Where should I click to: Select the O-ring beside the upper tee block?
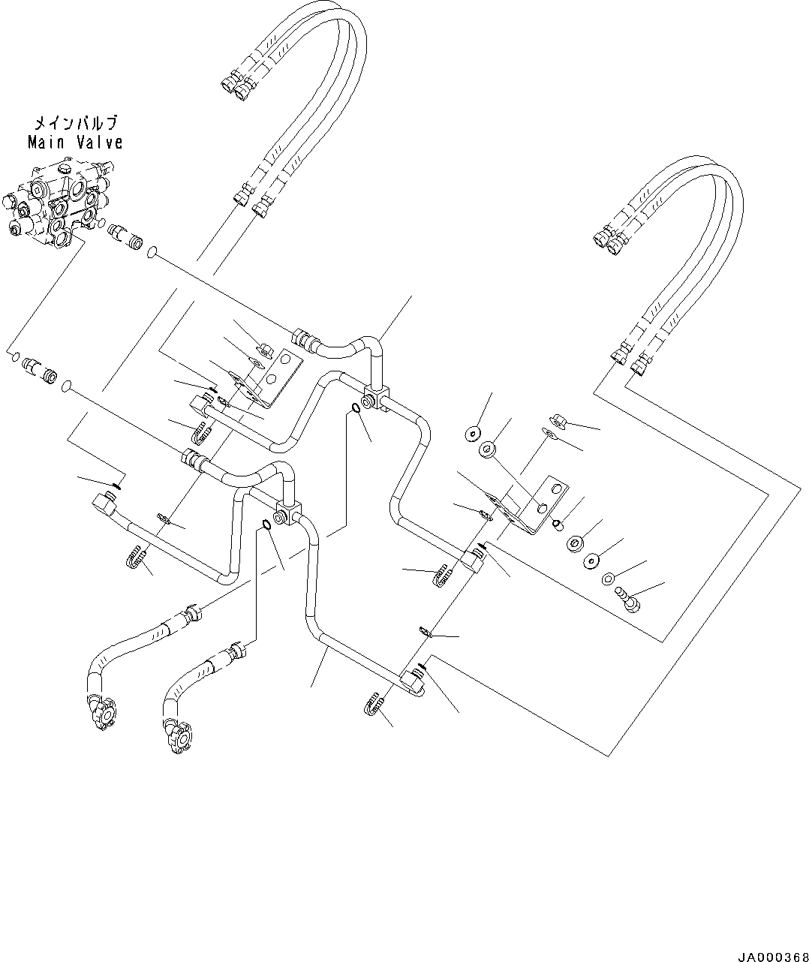pos(353,408)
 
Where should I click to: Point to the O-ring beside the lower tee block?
pos(266,523)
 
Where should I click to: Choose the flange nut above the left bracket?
pos(264,349)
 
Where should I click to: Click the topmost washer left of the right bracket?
pos(474,434)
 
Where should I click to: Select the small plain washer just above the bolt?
pos(606,579)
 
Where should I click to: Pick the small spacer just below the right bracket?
pos(558,524)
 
